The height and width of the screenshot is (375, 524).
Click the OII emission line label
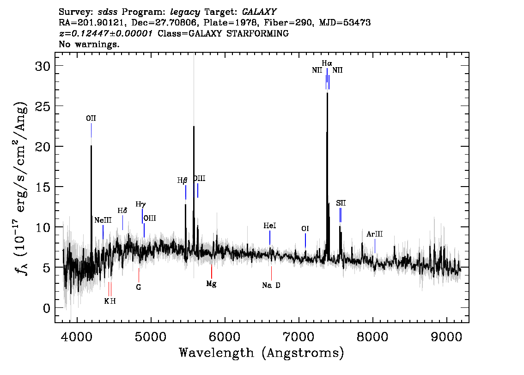[91, 118]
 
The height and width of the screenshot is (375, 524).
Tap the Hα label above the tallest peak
[327, 63]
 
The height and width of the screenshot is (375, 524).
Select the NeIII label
[103, 220]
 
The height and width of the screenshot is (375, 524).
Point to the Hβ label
[182, 181]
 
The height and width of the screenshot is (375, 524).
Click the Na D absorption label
[271, 285]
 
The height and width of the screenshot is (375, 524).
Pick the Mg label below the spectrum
[211, 284]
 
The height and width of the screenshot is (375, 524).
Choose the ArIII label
[375, 234]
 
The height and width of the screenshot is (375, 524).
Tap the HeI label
[270, 225]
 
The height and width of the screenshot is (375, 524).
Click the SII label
[341, 203]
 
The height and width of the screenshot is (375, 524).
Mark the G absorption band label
[139, 287]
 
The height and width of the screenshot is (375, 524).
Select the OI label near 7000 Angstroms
[305, 229]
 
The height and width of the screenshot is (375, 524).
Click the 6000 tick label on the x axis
[225, 337]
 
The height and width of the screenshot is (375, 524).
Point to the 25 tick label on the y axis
[43, 106]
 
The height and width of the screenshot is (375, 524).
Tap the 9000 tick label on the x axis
[446, 337]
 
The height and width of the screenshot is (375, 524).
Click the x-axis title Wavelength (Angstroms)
[262, 353]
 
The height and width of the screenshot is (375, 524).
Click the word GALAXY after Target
[259, 12]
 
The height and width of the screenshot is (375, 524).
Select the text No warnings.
[89, 44]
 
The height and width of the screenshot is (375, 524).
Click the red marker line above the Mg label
[212, 271]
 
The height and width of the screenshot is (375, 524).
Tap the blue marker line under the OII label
[91, 130]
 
